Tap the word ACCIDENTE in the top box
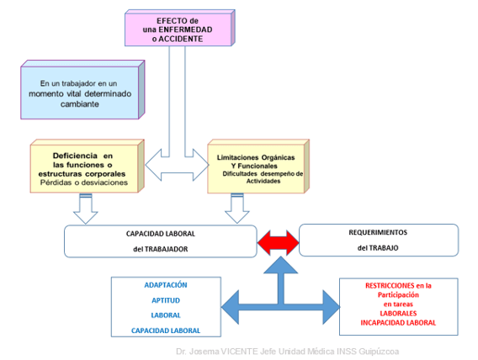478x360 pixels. point(180,39)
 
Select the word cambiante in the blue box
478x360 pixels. point(80,103)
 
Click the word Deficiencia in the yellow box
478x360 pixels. point(75,156)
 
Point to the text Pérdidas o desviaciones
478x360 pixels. point(84,183)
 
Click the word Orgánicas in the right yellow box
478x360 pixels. point(278,157)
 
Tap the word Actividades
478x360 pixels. point(263,181)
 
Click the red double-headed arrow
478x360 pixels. point(279,242)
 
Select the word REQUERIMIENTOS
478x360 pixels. point(378,232)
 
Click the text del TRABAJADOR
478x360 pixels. point(161,249)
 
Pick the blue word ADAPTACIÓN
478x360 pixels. point(166,285)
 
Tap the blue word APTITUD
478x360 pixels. point(166,300)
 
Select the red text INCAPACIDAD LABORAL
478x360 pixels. point(398,322)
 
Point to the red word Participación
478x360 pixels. point(398,295)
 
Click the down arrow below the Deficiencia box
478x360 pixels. point(85,209)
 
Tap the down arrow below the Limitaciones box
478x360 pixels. point(236,209)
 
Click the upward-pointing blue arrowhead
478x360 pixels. point(280,265)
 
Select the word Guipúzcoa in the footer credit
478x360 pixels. point(379,352)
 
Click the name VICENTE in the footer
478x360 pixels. point(239,352)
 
